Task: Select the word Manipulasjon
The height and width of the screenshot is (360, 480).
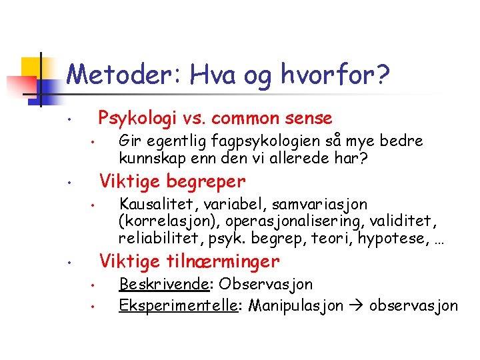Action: tap(293, 305)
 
